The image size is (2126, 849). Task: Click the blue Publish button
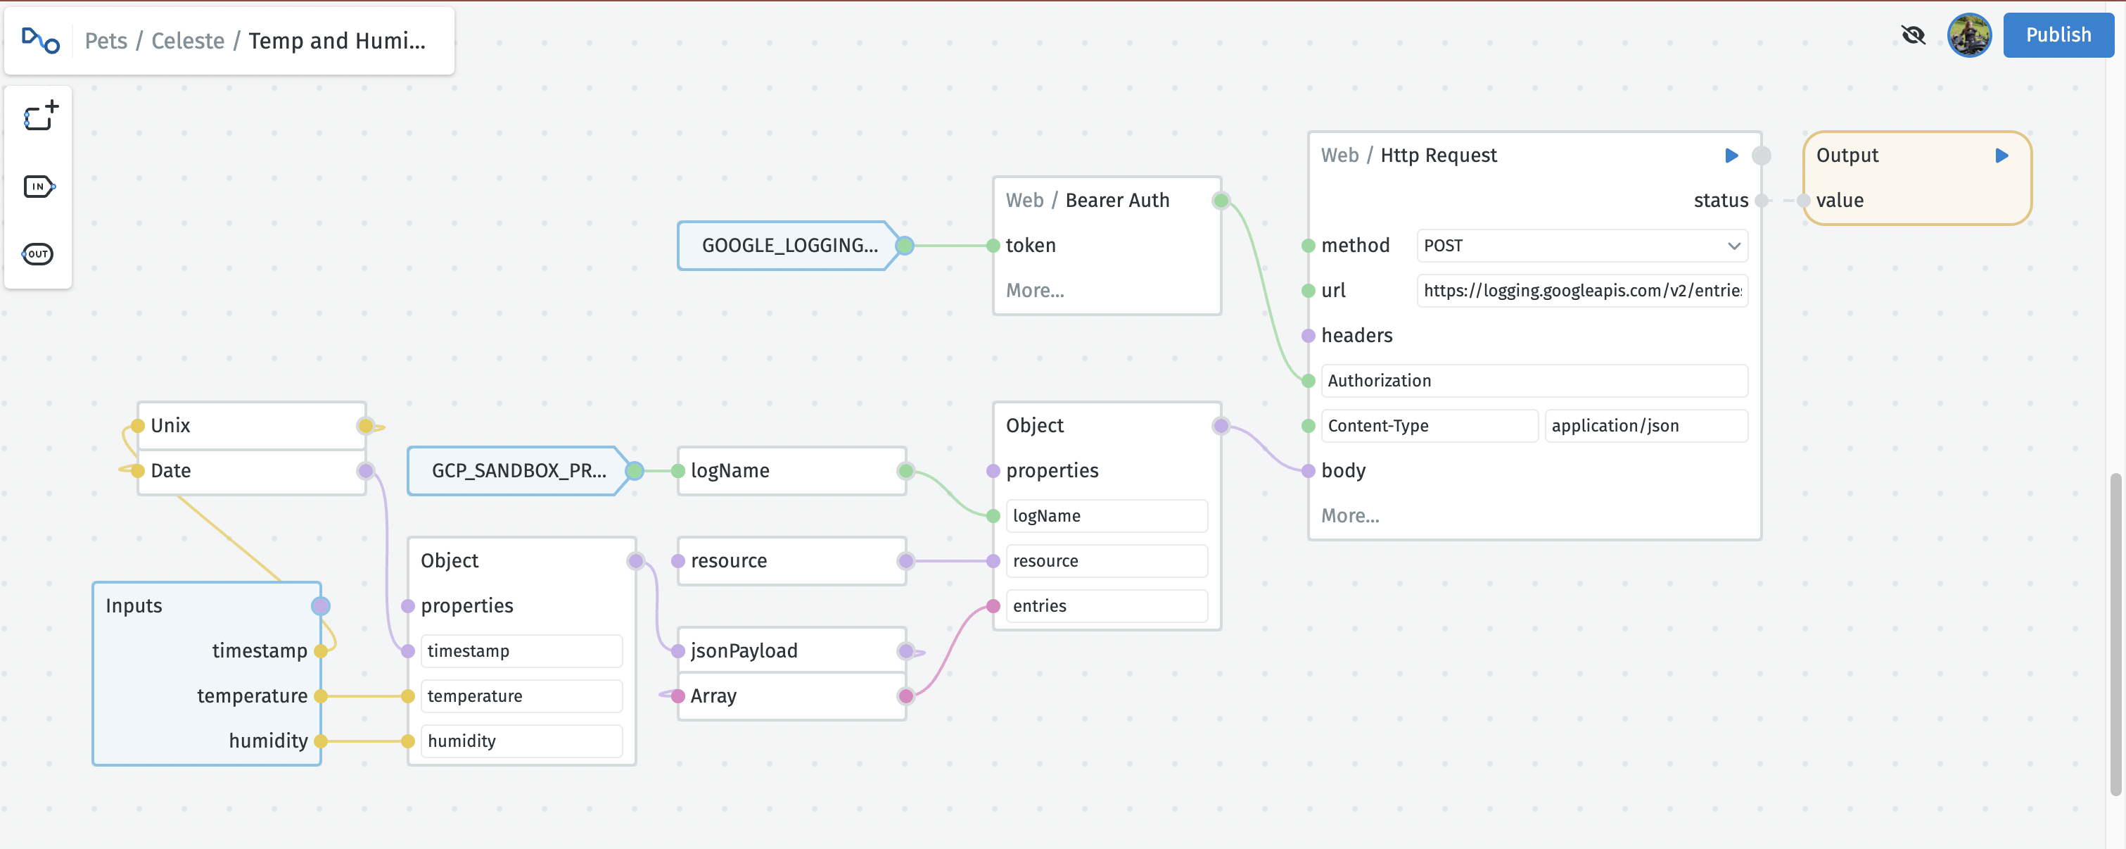[2058, 34]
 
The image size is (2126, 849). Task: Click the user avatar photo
[1968, 35]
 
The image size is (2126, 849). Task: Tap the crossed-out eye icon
[1912, 35]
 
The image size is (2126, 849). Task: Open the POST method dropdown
[1581, 245]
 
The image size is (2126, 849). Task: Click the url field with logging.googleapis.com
[1581, 291]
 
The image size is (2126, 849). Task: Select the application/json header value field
[1645, 426]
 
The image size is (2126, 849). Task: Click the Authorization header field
[1534, 381]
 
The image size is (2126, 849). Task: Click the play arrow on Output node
[2001, 156]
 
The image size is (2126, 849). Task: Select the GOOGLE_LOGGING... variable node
[788, 245]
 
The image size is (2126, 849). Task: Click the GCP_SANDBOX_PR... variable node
[518, 471]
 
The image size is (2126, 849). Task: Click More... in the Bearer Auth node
[1035, 291]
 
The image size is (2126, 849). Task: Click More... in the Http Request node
[1349, 516]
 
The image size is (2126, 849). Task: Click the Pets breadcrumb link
[106, 40]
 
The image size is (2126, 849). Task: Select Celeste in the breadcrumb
[187, 40]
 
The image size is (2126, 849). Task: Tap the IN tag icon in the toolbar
[39, 187]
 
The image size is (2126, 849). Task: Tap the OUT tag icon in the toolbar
[38, 253]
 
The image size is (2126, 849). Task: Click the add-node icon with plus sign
[40, 116]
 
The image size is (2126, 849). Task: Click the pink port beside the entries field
[993, 606]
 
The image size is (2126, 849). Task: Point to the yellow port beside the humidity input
[321, 741]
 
